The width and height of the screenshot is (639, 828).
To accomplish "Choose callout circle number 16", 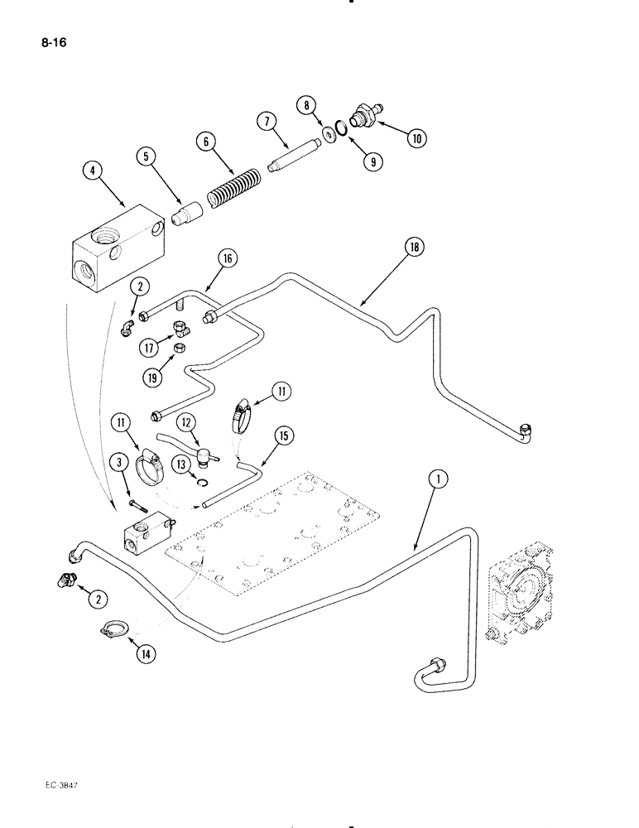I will click(x=227, y=258).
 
